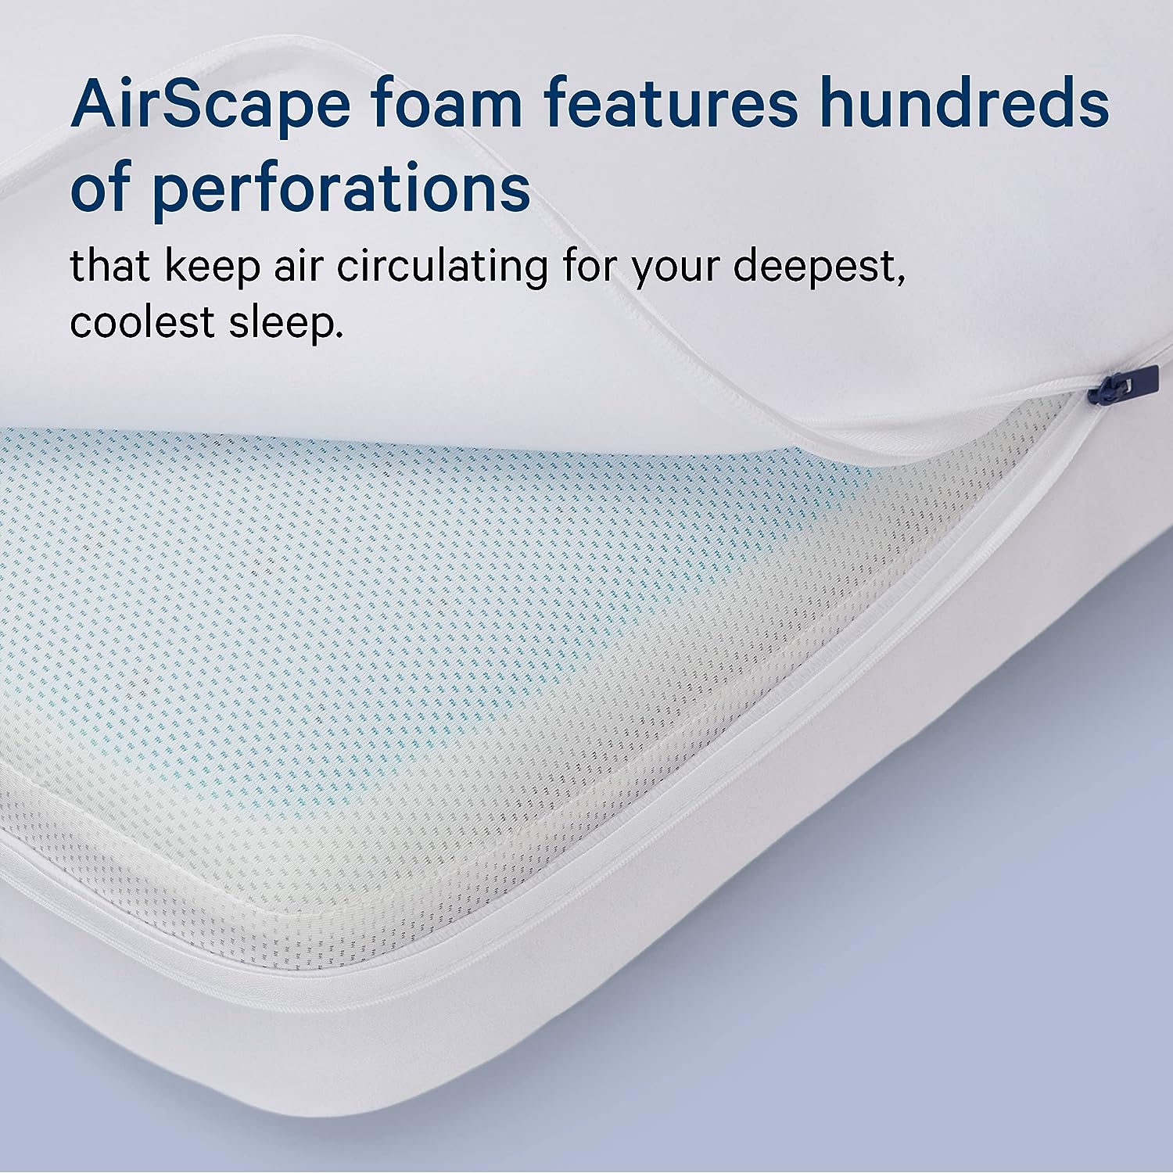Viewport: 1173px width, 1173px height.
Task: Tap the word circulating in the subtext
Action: pos(443,267)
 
